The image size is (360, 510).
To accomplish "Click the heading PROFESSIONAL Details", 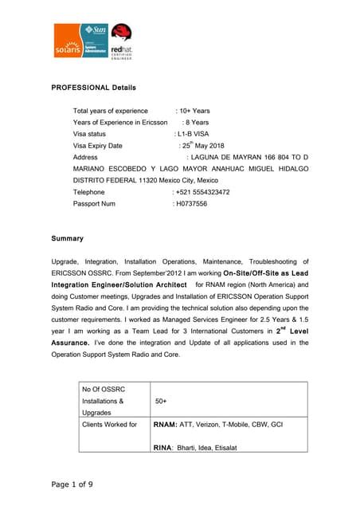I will click(x=93, y=87).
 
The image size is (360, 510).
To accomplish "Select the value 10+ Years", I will click(x=195, y=111).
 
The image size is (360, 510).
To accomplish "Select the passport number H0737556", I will click(x=191, y=204).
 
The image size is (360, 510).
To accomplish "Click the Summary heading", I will click(x=67, y=238).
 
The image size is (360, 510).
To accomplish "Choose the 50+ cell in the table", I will click(x=161, y=402).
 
